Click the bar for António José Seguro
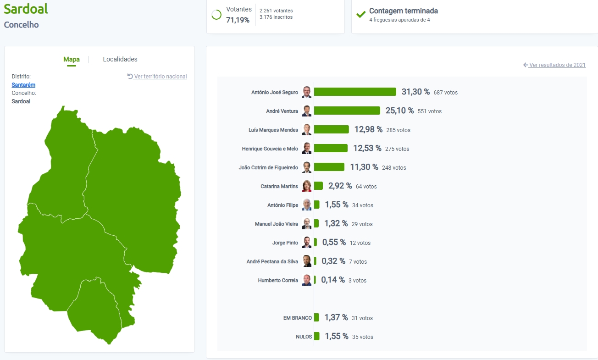point(355,92)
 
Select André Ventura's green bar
point(347,111)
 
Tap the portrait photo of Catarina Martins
point(307,186)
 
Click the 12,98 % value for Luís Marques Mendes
point(368,130)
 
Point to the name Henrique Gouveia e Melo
point(270,149)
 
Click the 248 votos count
point(394,168)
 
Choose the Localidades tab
point(120,59)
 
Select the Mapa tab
point(72,59)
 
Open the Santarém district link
point(23,85)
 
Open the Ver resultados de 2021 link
point(557,65)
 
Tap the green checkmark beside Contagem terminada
point(361,14)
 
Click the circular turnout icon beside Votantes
point(216,15)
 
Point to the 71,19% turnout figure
point(238,20)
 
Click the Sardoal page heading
point(26,9)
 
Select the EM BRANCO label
point(298,318)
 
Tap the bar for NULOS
point(316,336)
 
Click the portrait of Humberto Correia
point(307,280)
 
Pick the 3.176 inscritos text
point(276,17)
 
